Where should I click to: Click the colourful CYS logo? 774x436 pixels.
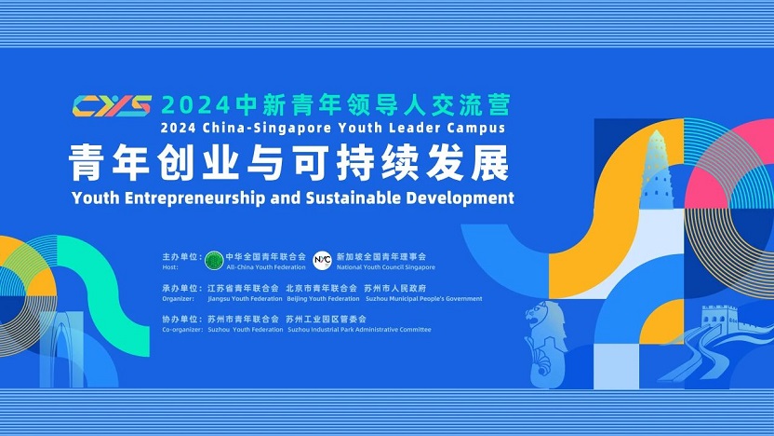click(112, 103)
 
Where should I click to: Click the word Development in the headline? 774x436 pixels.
click(463, 198)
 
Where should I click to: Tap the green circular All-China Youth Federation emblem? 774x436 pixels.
click(213, 258)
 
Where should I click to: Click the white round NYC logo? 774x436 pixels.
click(322, 258)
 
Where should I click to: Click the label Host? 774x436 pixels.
click(169, 266)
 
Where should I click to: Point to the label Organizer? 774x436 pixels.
click(178, 299)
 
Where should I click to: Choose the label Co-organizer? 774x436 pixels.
click(181, 330)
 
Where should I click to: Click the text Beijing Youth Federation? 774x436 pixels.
click(322, 299)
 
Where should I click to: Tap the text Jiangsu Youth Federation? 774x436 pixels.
click(244, 299)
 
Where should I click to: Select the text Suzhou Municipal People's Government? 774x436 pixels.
click(426, 299)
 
